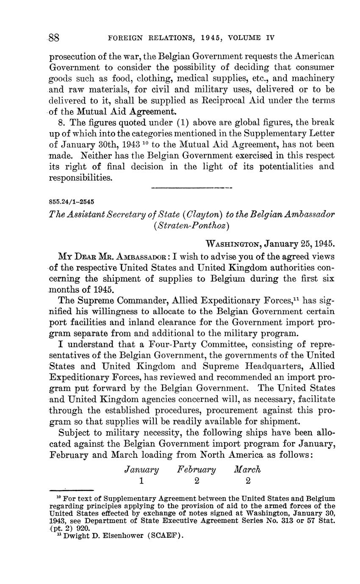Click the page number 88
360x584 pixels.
[x=54, y=38]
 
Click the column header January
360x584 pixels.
[x=141, y=469]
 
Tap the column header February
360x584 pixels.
[x=197, y=469]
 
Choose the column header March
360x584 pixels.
[x=247, y=469]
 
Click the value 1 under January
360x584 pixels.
[x=141, y=481]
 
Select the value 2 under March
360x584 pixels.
[x=248, y=481]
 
